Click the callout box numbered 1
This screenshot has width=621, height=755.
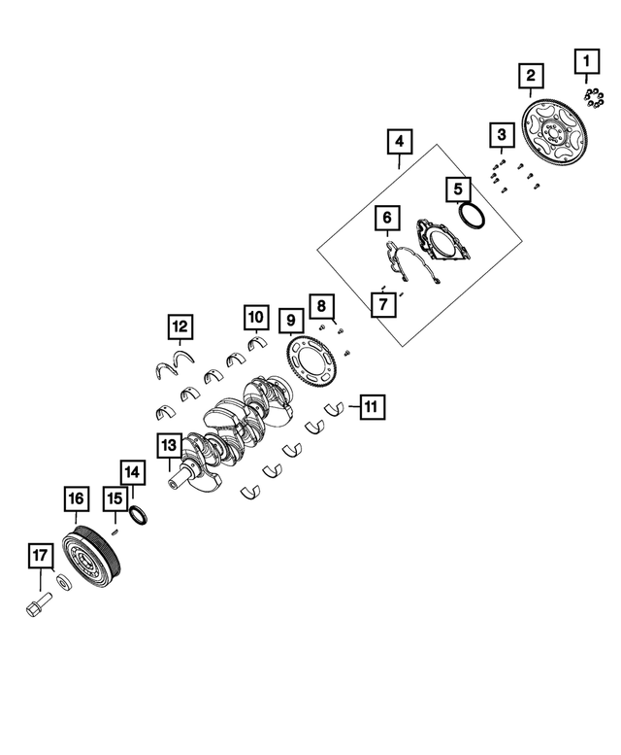pos(586,61)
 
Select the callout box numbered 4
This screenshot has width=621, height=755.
pos(400,142)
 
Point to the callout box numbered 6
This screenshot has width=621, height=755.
pos(387,218)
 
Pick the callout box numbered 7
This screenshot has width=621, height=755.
pos(383,304)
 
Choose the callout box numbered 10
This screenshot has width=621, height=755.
pos(256,318)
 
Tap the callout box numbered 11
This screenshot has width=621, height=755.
pos(371,407)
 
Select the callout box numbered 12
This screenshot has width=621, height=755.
pos(180,326)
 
